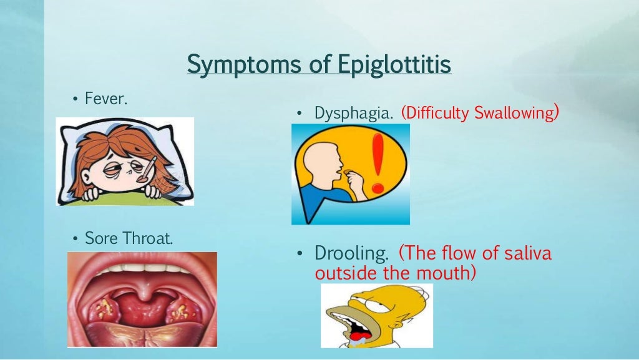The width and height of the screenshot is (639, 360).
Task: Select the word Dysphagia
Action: [x=354, y=113]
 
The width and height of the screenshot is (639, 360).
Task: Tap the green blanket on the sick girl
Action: [x=125, y=198]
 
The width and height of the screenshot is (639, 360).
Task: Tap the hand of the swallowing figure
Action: [x=358, y=182]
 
